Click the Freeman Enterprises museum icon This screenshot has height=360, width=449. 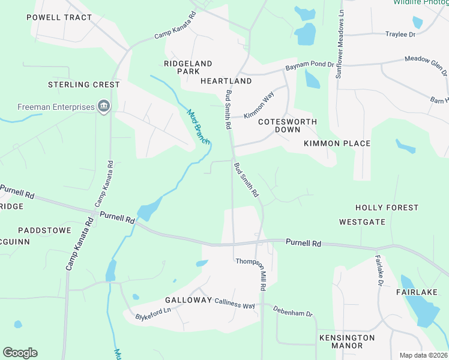[104, 107]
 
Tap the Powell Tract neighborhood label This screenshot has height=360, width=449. [59, 17]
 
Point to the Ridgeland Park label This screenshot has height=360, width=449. [188, 67]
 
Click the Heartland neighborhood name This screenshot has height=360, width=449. [226, 80]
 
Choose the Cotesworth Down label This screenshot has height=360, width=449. [287, 125]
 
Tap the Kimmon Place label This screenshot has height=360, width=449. [337, 143]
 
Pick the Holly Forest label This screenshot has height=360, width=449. [387, 208]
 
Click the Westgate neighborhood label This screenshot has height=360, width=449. [362, 221]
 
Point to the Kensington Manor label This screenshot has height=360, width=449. [347, 341]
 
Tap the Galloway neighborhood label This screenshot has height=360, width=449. [188, 300]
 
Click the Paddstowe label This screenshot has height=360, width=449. [44, 230]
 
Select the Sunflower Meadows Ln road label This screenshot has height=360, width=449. [340, 41]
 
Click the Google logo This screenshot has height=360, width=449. [20, 353]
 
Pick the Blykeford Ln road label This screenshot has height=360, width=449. [153, 313]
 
